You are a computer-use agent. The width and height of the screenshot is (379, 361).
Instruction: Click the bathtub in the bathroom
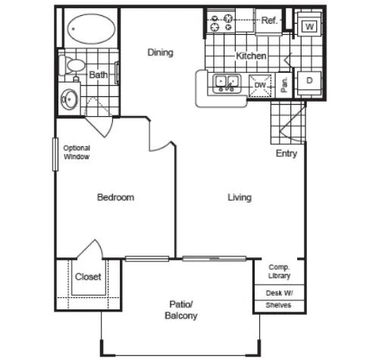pyautogui.click(x=92, y=29)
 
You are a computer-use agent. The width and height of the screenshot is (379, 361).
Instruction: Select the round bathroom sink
pyautogui.click(x=70, y=99)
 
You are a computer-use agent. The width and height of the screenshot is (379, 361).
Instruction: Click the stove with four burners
pyautogui.click(x=221, y=22)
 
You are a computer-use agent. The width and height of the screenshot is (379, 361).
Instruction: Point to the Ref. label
pyautogui.click(x=269, y=20)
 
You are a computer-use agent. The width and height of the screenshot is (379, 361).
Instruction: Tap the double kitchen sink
pyautogui.click(x=227, y=83)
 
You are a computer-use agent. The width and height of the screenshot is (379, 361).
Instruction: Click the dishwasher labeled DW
pyautogui.click(x=260, y=86)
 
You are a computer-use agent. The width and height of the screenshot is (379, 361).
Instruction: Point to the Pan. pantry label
pyautogui.click(x=284, y=85)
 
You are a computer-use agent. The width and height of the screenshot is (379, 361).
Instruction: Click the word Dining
pyautogui.click(x=160, y=53)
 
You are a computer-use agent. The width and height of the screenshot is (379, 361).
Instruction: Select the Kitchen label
pyautogui.click(x=251, y=56)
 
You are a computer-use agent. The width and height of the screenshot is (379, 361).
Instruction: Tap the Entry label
pyautogui.click(x=287, y=153)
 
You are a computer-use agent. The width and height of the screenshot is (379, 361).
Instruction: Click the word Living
pyautogui.click(x=240, y=197)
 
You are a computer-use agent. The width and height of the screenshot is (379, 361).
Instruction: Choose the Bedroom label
pyautogui.click(x=115, y=197)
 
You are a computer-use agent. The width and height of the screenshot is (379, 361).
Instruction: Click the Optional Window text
pyautogui.click(x=77, y=152)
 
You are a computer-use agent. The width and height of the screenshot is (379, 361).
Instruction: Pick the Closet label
pyautogui.click(x=88, y=277)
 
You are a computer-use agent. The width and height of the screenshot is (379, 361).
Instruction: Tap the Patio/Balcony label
pyautogui.click(x=181, y=310)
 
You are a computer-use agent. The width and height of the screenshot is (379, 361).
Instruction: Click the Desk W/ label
pyautogui.click(x=279, y=293)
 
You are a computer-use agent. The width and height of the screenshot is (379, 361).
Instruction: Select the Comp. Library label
pyautogui.click(x=279, y=272)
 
